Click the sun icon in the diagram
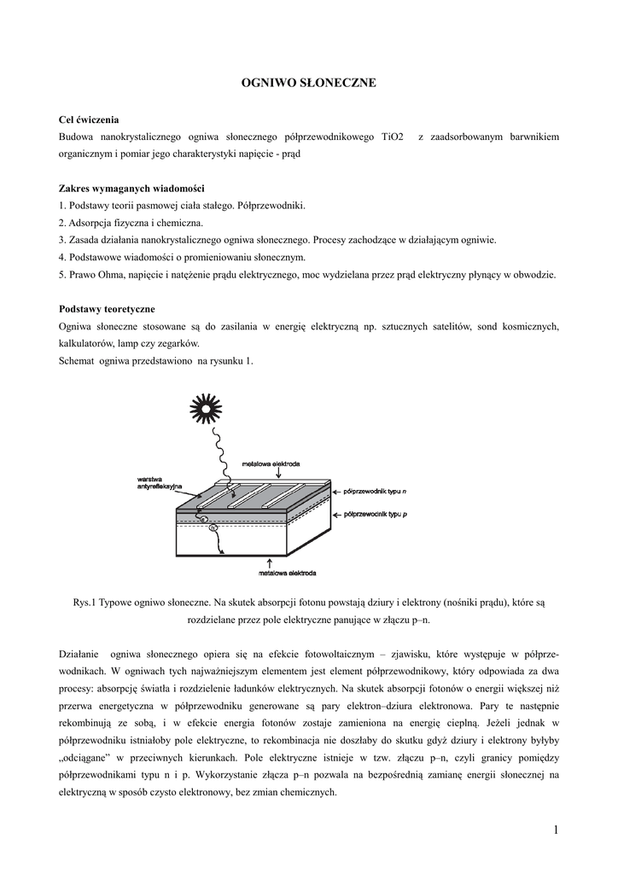click(x=205, y=406)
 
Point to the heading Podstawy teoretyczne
click(x=107, y=308)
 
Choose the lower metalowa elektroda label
click(x=288, y=572)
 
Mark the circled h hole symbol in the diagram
click(x=213, y=527)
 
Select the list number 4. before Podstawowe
click(x=62, y=257)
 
